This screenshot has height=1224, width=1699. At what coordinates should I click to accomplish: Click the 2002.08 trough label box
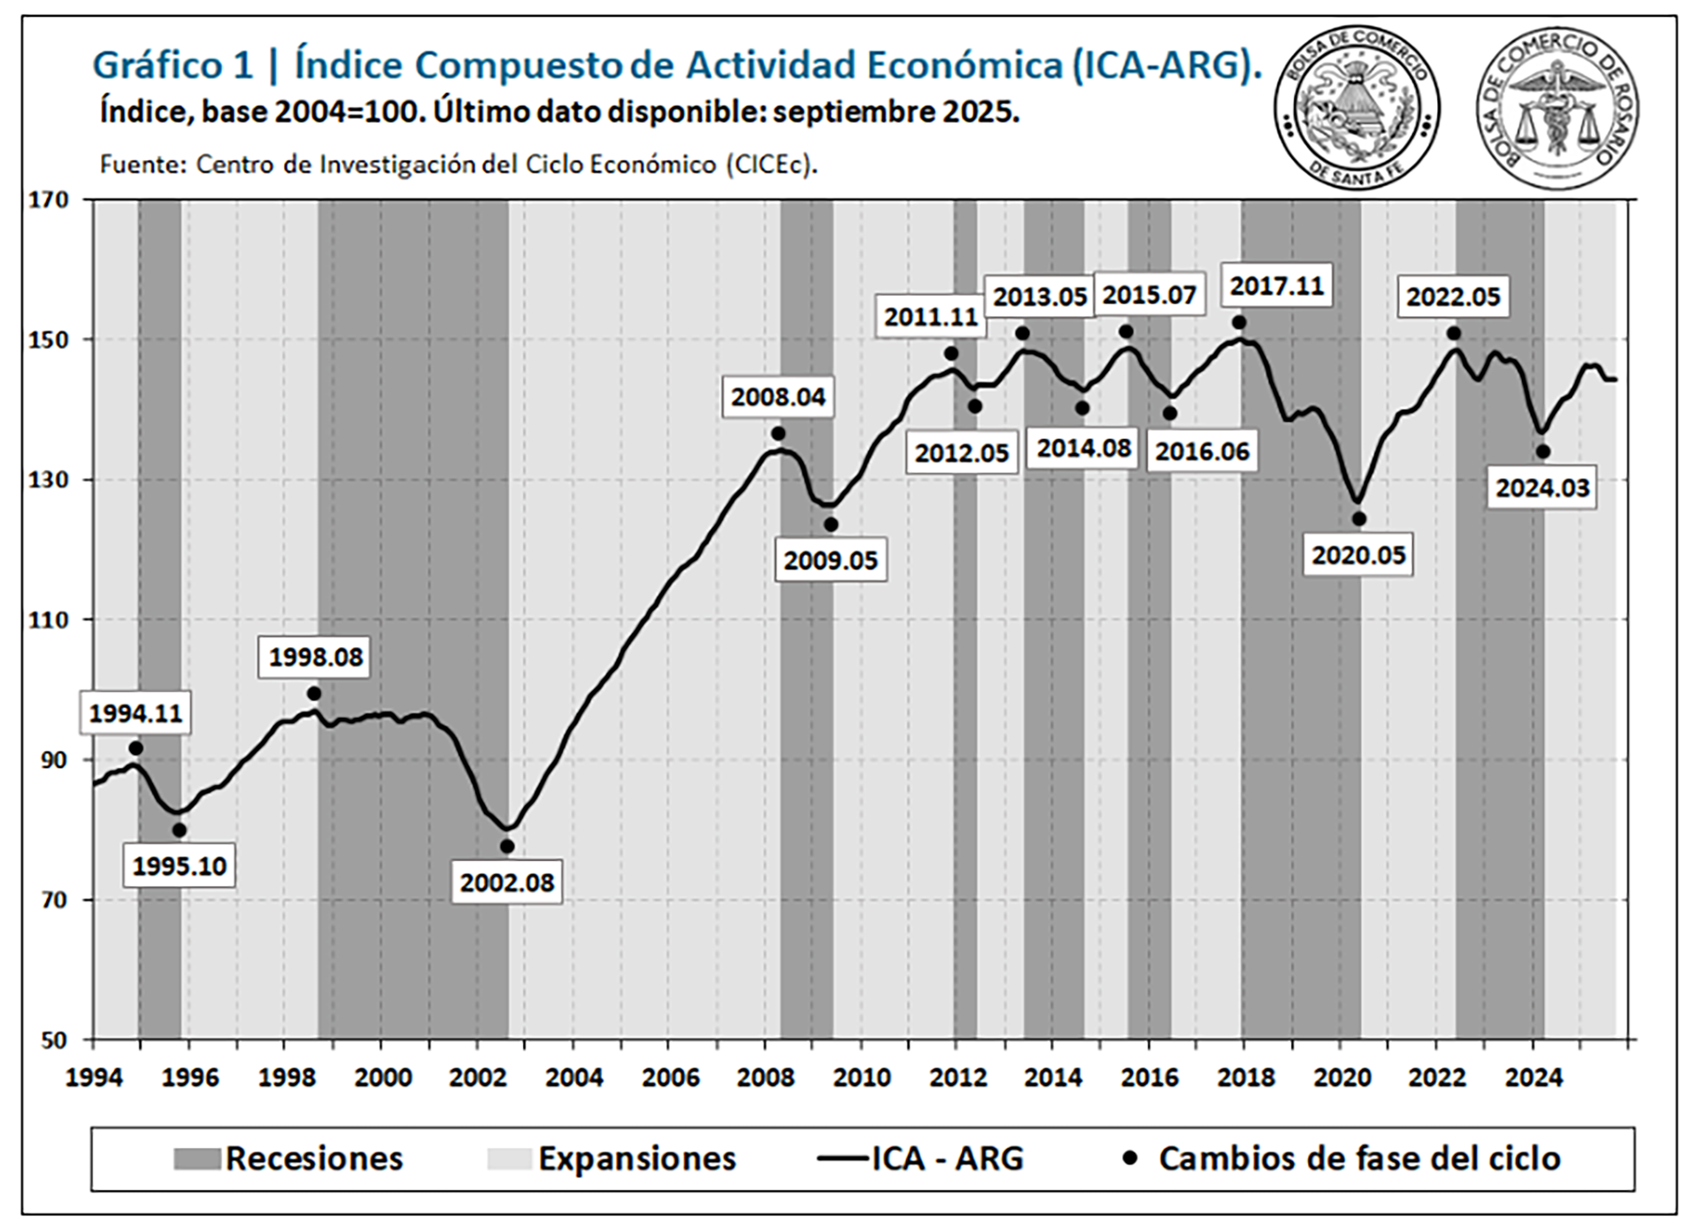(x=506, y=882)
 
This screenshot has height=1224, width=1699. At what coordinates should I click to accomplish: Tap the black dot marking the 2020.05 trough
(x=1358, y=520)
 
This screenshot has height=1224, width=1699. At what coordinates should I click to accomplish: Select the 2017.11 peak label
(x=1276, y=286)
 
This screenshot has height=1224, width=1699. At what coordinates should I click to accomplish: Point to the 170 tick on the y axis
(x=49, y=200)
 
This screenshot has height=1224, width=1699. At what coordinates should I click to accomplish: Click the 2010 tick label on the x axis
(x=861, y=1078)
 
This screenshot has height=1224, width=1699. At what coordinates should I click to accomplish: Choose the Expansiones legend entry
(x=611, y=1159)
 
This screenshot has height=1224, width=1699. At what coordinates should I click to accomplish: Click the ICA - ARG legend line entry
(x=920, y=1159)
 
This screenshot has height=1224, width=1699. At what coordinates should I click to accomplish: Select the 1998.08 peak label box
(x=315, y=657)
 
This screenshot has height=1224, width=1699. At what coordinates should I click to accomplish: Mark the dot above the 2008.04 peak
(x=778, y=434)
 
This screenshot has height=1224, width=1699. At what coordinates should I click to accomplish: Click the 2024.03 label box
(x=1542, y=488)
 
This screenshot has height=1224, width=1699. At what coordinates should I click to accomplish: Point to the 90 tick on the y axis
(x=53, y=760)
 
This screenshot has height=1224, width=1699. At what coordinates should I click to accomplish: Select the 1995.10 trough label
(x=179, y=866)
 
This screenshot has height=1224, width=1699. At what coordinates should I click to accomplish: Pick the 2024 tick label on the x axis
(x=1534, y=1078)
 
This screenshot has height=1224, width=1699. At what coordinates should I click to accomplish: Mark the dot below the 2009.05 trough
(x=831, y=525)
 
